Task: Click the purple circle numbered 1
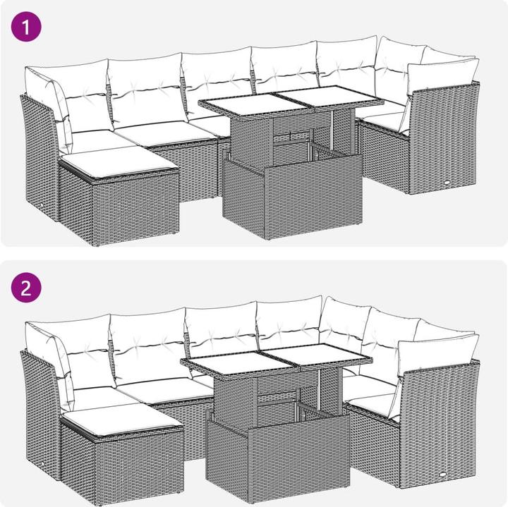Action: click(26, 27)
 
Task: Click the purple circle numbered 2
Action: click(26, 288)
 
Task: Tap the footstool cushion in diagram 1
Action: click(120, 163)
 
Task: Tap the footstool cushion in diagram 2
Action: click(123, 419)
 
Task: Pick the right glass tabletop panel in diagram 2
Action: click(319, 355)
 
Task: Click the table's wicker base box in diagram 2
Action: click(278, 454)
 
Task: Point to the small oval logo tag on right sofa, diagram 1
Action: click(448, 183)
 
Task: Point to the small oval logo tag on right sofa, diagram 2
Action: click(442, 475)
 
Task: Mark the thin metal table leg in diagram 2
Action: click(321, 390)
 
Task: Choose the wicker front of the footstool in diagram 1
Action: click(135, 209)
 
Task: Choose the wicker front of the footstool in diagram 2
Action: click(139, 467)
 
